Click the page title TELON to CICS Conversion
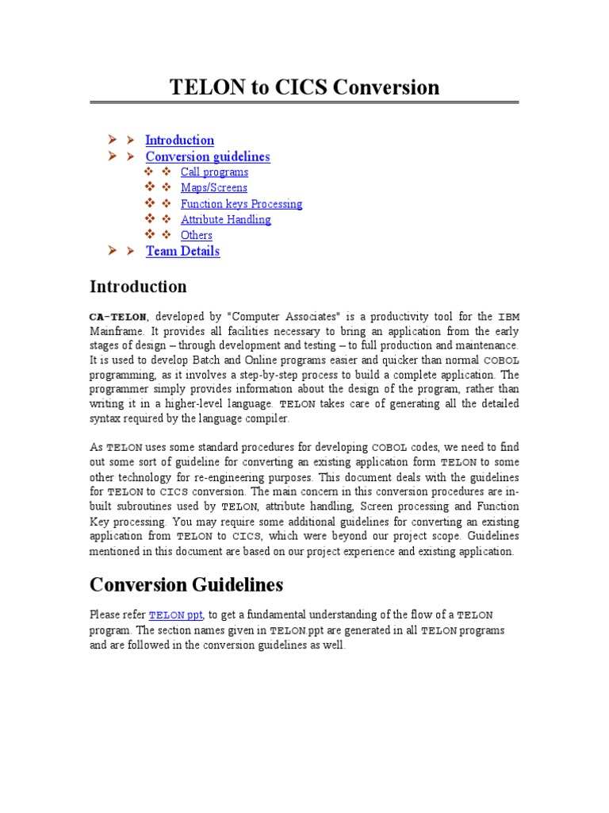coord(304,87)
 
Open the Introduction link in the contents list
coord(179,141)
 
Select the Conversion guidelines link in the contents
coord(208,156)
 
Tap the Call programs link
coord(214,172)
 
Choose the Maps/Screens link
coord(213,188)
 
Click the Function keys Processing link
coord(241,204)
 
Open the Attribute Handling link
coord(225,220)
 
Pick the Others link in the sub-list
coord(196,235)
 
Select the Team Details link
coord(182,251)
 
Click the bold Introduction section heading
coord(138,287)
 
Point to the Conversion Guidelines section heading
coord(186,585)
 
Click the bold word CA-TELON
coord(117,318)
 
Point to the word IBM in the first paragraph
coord(508,318)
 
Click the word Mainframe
coord(117,331)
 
